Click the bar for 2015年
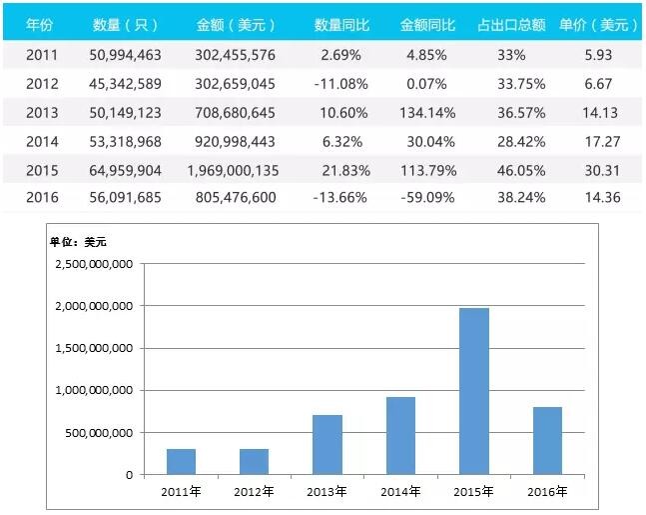click(473, 391)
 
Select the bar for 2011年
click(181, 462)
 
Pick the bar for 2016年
click(546, 441)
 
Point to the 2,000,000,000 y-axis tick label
click(94, 307)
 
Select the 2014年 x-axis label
click(400, 492)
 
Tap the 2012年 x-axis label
click(255, 492)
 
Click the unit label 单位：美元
click(78, 241)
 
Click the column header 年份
click(40, 22)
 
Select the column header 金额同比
click(426, 22)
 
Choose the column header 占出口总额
click(511, 22)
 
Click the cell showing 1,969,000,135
click(233, 171)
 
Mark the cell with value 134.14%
click(426, 112)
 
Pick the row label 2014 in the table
click(42, 142)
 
